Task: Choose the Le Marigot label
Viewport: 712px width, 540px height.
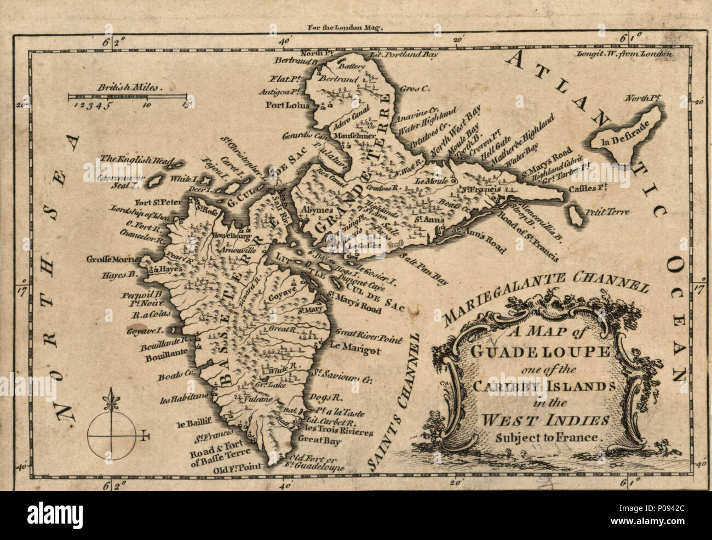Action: click(x=351, y=345)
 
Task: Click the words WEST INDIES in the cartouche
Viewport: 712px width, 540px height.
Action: click(x=526, y=421)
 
